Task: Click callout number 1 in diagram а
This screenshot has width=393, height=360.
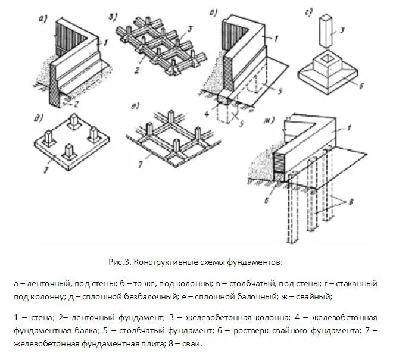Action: coord(106,43)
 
